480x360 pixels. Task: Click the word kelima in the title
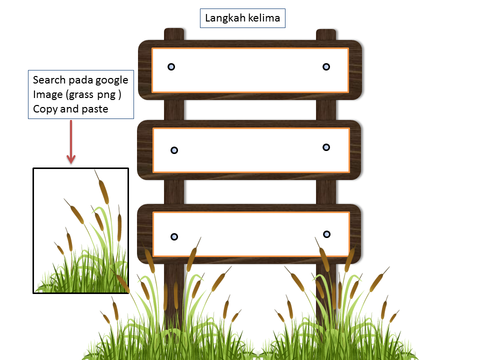click(x=264, y=19)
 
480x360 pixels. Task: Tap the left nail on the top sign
click(x=171, y=66)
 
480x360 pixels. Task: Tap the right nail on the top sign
click(x=326, y=66)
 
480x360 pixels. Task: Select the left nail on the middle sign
click(x=174, y=150)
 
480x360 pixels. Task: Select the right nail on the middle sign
click(x=326, y=147)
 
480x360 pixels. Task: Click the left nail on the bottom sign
click(x=174, y=236)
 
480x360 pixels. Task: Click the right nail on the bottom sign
click(x=326, y=234)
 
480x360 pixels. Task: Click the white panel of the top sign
click(x=250, y=70)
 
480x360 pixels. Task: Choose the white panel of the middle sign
click(x=250, y=150)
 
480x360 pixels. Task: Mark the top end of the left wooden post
click(x=174, y=33)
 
